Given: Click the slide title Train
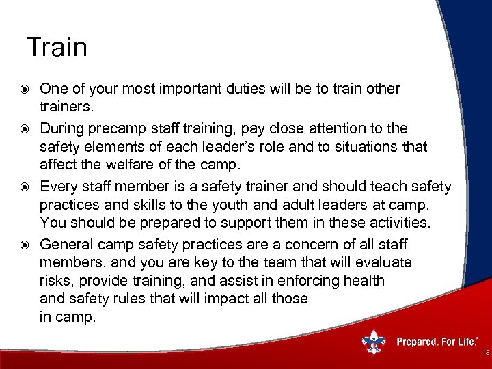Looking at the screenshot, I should point(57,47).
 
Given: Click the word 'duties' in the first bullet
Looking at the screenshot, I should point(236,89).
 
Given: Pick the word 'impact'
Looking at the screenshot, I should point(215,299).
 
